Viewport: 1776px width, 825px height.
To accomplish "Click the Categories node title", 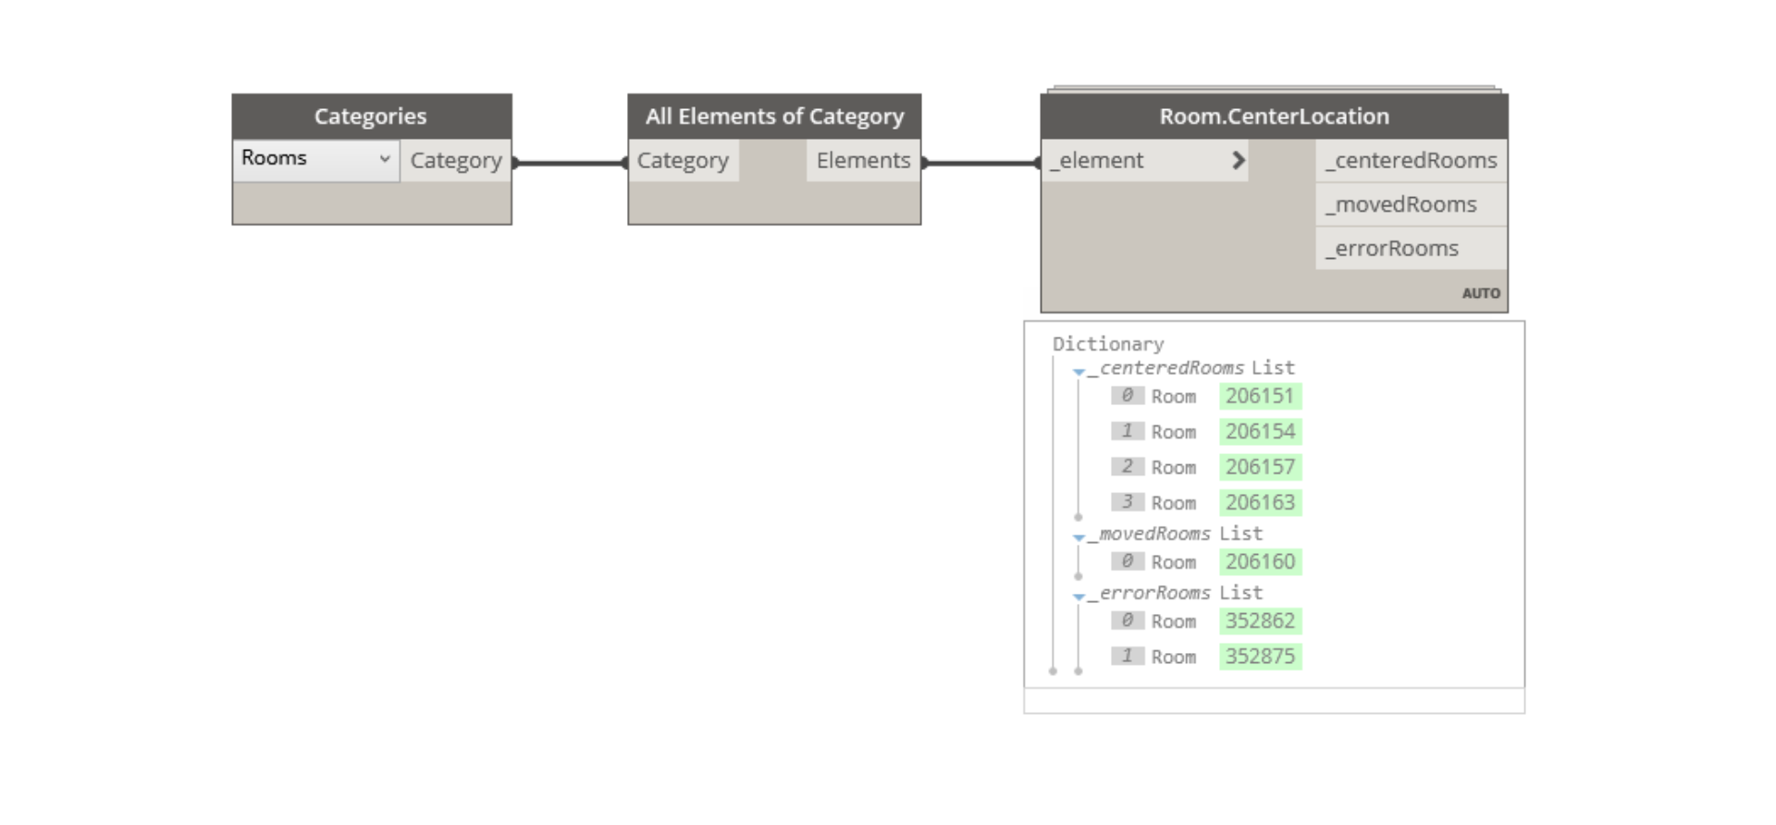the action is point(370,117).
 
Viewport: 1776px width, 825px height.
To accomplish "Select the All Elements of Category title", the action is point(774,117).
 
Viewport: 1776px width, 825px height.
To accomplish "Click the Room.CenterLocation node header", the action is point(1274,117).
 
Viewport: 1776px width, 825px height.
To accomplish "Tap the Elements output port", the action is point(863,161).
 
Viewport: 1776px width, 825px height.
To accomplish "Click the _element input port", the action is point(1145,161).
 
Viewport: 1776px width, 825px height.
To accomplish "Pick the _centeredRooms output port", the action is point(1411,161).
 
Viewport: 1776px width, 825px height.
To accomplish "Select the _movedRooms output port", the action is point(1411,204).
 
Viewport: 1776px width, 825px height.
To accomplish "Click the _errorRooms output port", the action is point(1411,249).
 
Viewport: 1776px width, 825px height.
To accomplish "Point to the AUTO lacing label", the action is point(1481,293).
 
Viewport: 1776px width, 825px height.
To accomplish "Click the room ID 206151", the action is point(1260,396).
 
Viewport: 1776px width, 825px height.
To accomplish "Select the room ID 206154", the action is point(1260,431).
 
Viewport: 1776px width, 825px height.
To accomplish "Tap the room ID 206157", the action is point(1260,467).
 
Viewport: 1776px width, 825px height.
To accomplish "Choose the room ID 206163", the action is point(1260,502).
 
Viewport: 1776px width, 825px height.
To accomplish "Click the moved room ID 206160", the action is point(1260,561).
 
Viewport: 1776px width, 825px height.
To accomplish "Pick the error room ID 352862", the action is point(1260,621).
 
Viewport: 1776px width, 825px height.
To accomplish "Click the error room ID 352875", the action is point(1260,657).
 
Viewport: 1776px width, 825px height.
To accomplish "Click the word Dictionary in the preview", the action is point(1108,344).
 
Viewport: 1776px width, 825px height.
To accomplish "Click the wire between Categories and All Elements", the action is point(570,163).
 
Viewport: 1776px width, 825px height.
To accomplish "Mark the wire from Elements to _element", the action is point(981,163).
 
